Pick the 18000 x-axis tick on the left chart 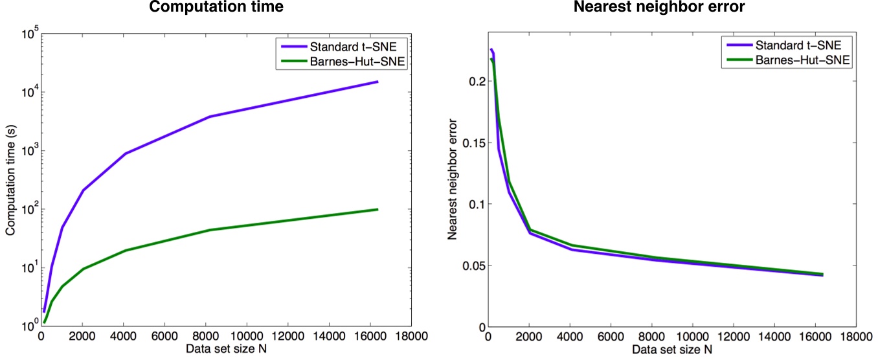click(x=409, y=337)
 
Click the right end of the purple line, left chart click(x=377, y=82)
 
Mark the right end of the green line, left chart click(x=377, y=209)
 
